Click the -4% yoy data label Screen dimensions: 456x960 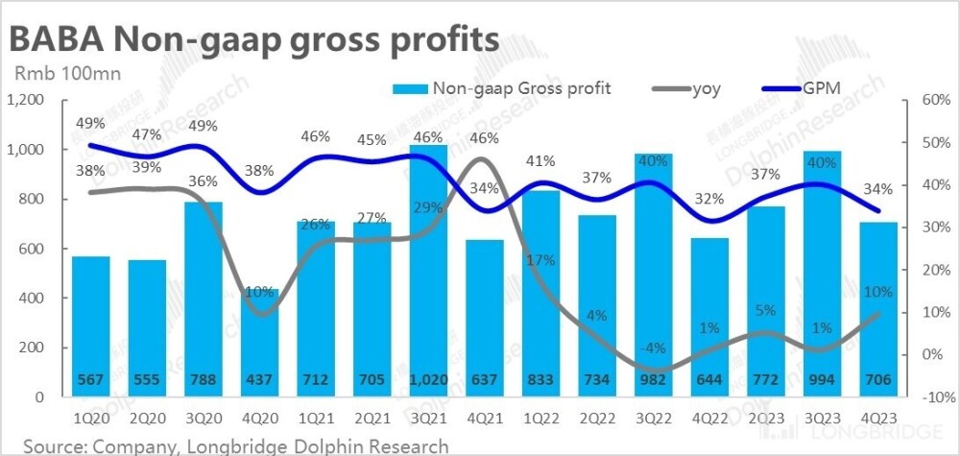654,347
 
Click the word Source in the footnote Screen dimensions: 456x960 54,445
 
